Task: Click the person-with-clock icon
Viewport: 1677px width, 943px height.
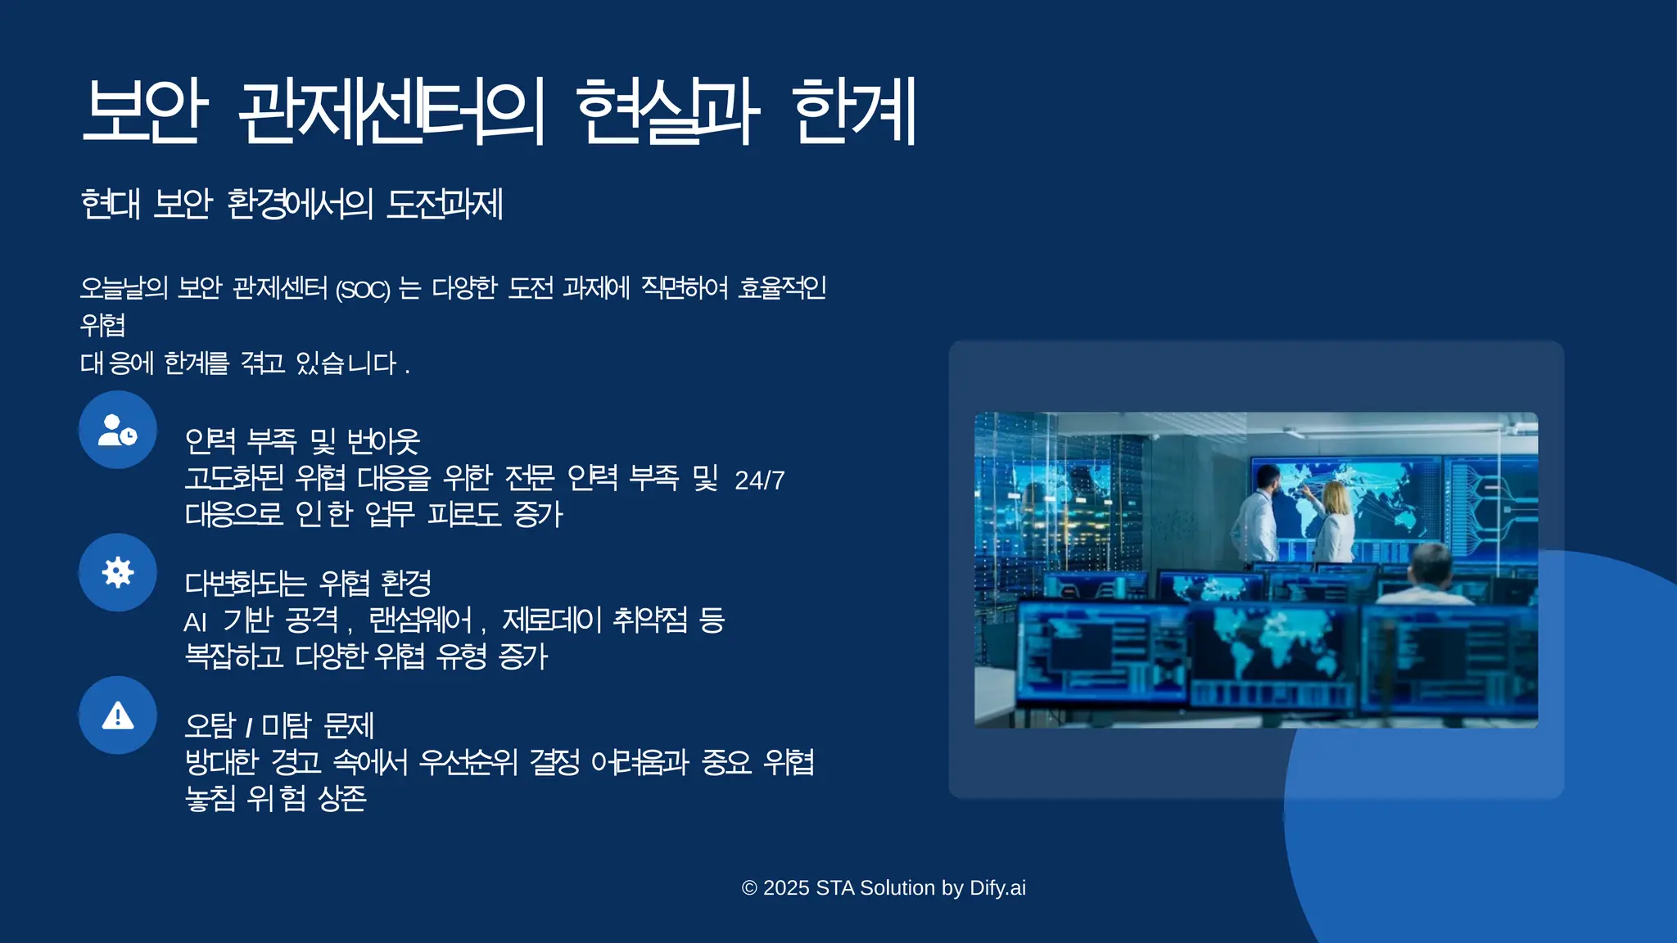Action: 118,430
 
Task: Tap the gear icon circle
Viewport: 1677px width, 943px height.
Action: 118,572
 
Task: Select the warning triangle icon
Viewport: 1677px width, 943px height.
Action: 118,715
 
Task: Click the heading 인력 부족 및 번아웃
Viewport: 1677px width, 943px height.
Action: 302,441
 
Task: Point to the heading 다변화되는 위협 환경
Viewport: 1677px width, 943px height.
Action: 308,584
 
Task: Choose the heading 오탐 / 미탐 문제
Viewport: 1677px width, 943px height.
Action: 279,726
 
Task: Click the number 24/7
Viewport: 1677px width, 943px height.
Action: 760,481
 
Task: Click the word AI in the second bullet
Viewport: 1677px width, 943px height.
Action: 195,623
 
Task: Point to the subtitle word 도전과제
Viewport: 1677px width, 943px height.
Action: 445,204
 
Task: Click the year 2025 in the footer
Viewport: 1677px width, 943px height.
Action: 786,888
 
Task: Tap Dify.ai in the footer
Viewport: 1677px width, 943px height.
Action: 997,888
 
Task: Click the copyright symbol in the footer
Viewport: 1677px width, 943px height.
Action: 749,888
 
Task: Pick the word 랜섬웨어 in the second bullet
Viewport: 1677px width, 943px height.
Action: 421,620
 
